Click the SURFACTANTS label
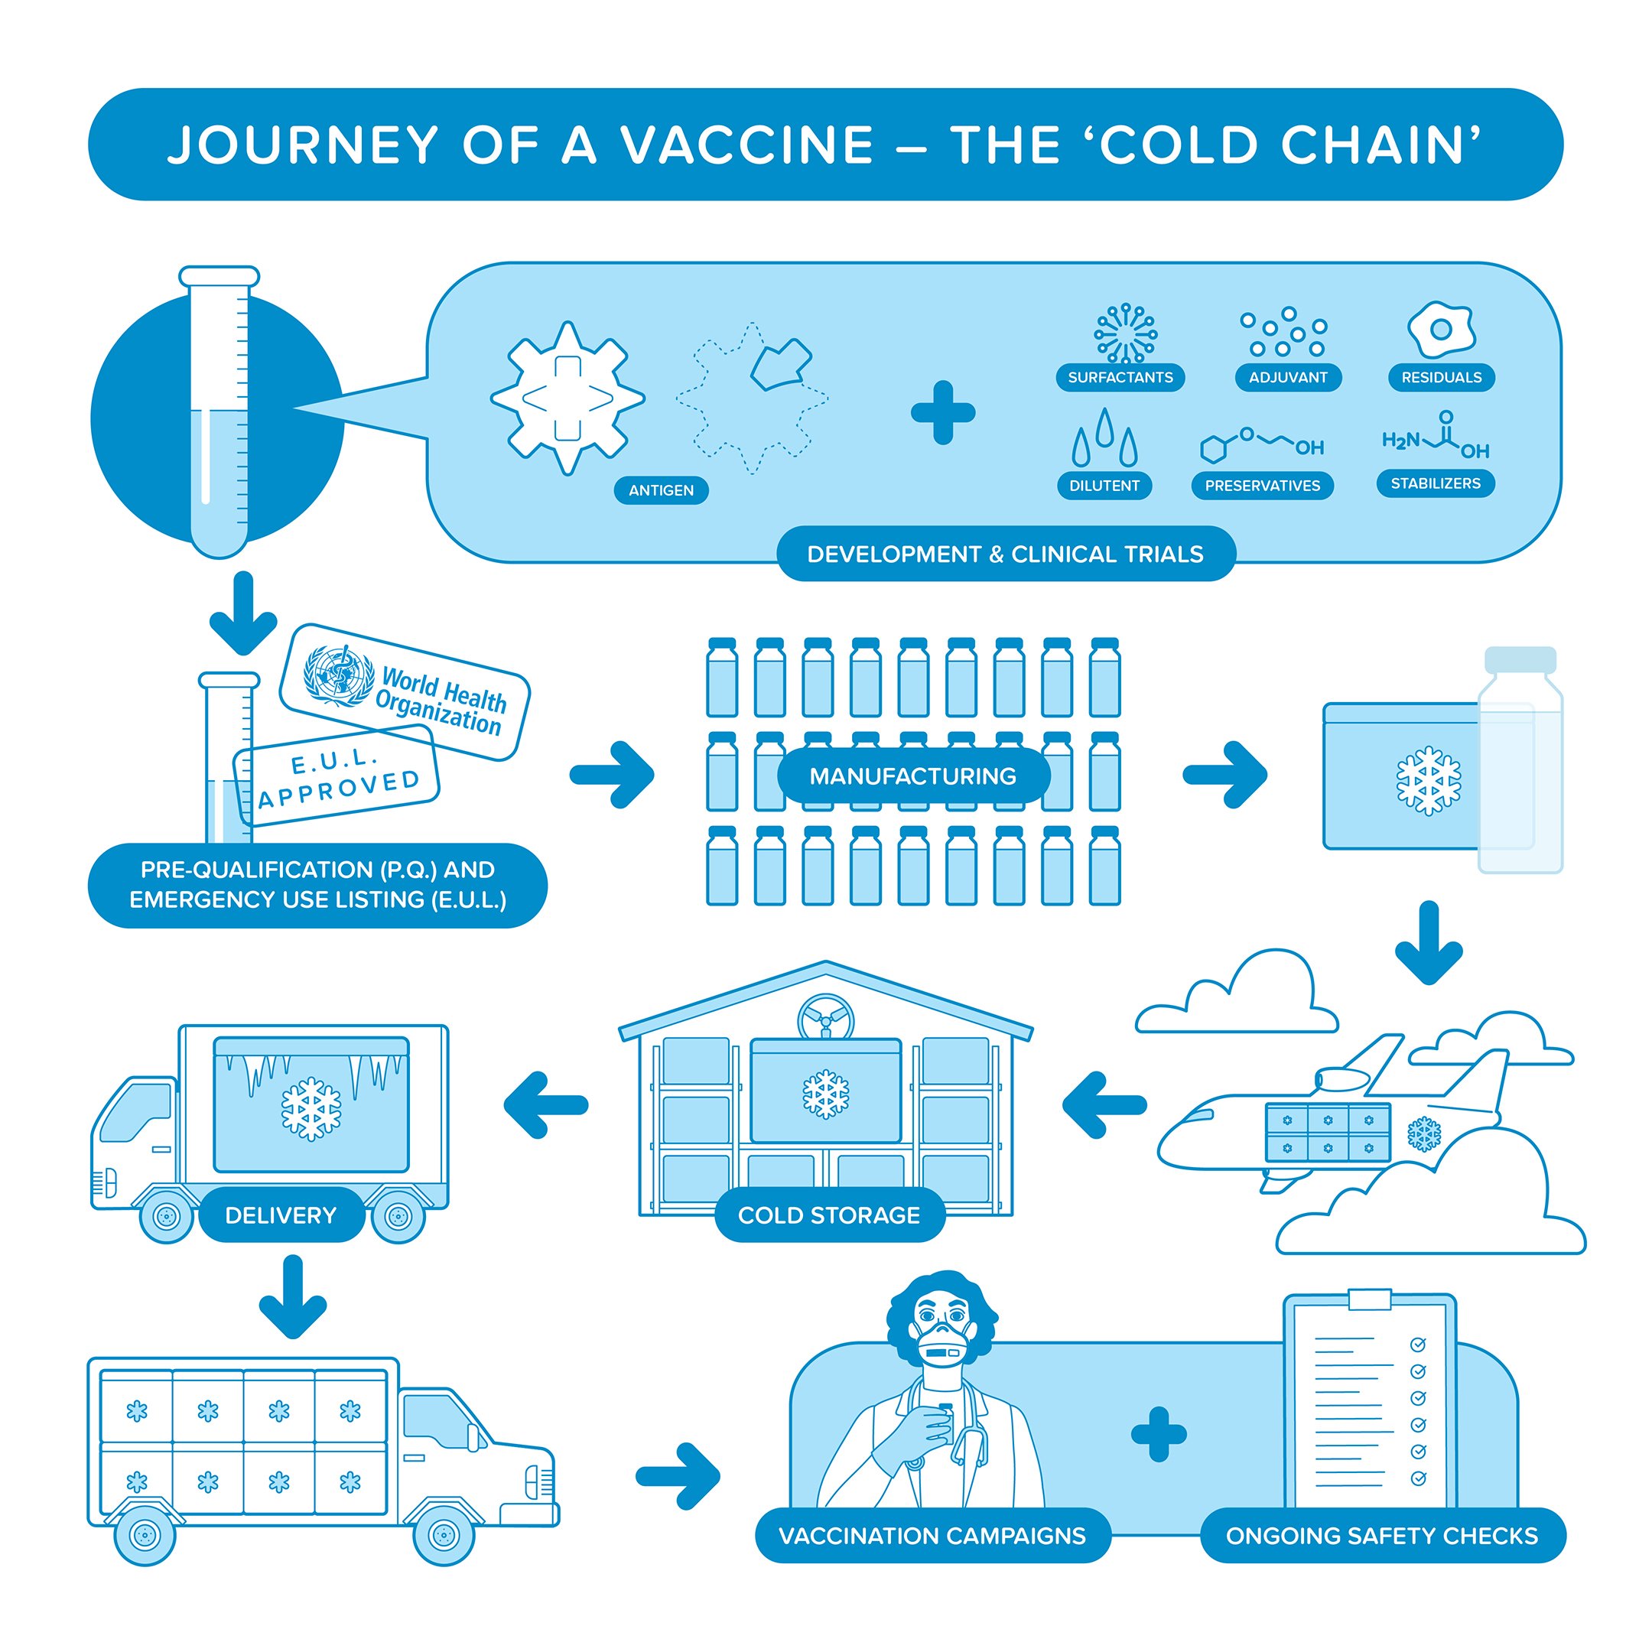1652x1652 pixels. coord(1120,377)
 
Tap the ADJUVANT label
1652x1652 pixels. coord(1288,377)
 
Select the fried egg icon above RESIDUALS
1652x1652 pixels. coord(1441,329)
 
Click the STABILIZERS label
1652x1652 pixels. coord(1435,483)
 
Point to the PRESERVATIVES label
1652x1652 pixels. coord(1262,486)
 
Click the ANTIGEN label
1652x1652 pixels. coord(661,490)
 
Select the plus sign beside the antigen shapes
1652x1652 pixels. coord(942,413)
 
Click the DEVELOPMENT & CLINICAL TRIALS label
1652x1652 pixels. coord(1005,554)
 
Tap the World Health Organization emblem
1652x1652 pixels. coord(340,675)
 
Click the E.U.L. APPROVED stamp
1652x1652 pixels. coord(338,776)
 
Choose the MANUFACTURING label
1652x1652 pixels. coord(912,776)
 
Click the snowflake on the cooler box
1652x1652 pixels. coord(1428,781)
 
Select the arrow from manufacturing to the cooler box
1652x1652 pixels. coord(1224,775)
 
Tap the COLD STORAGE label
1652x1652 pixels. coord(828,1215)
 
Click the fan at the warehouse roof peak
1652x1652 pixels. coord(826,1016)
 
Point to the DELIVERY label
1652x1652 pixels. coord(281,1215)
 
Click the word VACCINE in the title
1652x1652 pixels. coord(747,145)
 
